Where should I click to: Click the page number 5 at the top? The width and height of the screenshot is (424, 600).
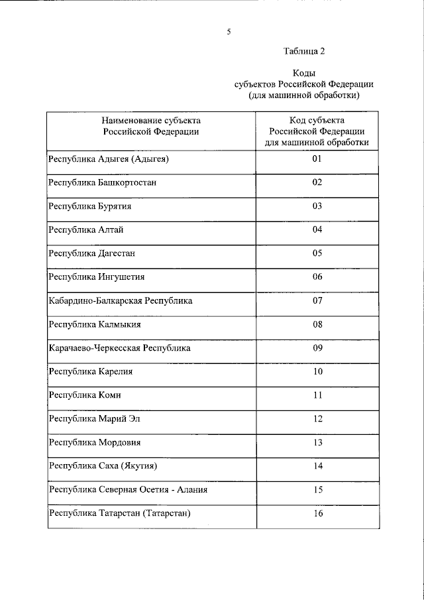(229, 31)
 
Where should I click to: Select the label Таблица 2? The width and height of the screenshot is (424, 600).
(304, 50)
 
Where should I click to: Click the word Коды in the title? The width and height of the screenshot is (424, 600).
(304, 74)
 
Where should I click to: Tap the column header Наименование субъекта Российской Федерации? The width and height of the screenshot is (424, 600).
(151, 126)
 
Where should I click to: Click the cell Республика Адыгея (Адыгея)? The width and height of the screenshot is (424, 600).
(110, 159)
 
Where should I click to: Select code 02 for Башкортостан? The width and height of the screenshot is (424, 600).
(317, 182)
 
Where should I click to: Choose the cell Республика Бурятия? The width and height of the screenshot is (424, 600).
(90, 206)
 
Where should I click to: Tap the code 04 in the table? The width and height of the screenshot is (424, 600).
(317, 229)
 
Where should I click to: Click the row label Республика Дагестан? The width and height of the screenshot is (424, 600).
(93, 253)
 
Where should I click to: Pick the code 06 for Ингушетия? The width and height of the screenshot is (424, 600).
(317, 276)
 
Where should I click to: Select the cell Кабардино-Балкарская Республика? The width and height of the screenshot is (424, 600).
(121, 301)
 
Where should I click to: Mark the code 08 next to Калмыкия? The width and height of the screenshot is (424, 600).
(317, 324)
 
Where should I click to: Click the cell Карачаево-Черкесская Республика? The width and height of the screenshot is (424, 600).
(120, 348)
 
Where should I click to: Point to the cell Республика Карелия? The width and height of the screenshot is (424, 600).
(91, 372)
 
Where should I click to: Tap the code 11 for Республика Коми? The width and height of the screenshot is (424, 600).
(317, 395)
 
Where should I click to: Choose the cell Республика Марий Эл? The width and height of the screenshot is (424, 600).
(95, 419)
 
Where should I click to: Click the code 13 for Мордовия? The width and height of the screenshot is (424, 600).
(317, 442)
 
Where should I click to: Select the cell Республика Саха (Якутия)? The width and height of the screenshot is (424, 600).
(103, 466)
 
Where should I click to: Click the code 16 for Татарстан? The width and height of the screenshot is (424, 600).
(317, 513)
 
